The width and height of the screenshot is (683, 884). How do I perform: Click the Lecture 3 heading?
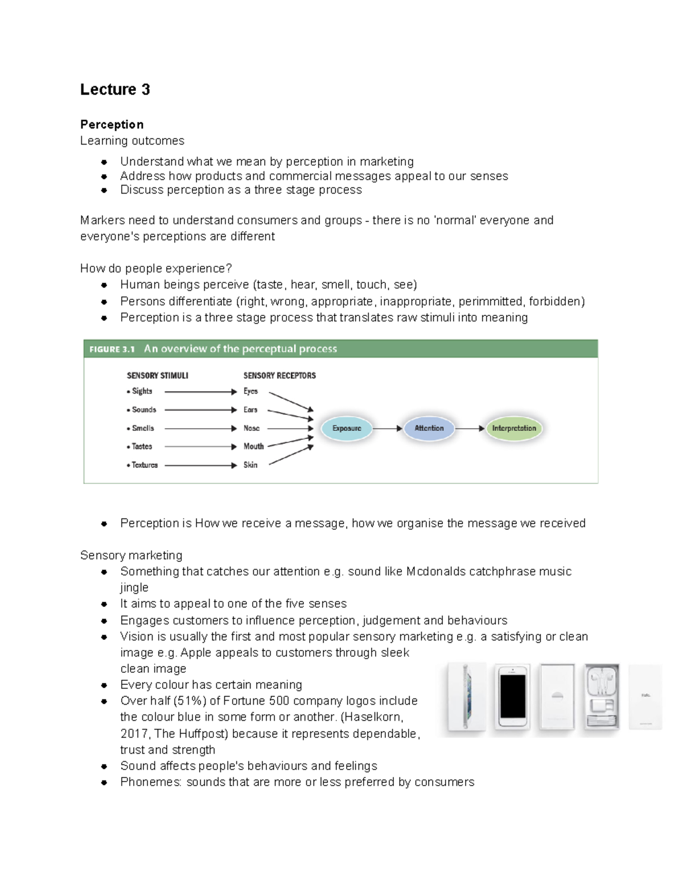115,89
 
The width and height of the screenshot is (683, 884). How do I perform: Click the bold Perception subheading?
112,125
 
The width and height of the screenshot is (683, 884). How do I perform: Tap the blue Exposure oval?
347,429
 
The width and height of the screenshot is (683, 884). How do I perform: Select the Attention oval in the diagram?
429,429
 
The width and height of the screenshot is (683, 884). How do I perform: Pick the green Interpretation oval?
514,429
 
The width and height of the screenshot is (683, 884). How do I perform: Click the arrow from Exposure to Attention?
388,429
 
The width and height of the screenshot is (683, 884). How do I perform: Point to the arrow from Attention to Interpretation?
470,429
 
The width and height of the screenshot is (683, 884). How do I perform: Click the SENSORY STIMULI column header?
157,376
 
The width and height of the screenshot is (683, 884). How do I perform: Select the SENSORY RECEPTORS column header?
279,376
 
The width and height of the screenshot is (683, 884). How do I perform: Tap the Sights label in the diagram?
142,391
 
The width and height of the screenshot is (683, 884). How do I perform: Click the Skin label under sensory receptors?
250,465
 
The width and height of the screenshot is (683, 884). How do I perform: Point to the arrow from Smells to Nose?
200,429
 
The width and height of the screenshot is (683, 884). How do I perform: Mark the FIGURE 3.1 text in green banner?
112,349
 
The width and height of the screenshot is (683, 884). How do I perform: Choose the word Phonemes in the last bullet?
151,782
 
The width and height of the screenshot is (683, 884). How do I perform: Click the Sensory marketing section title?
131,555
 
